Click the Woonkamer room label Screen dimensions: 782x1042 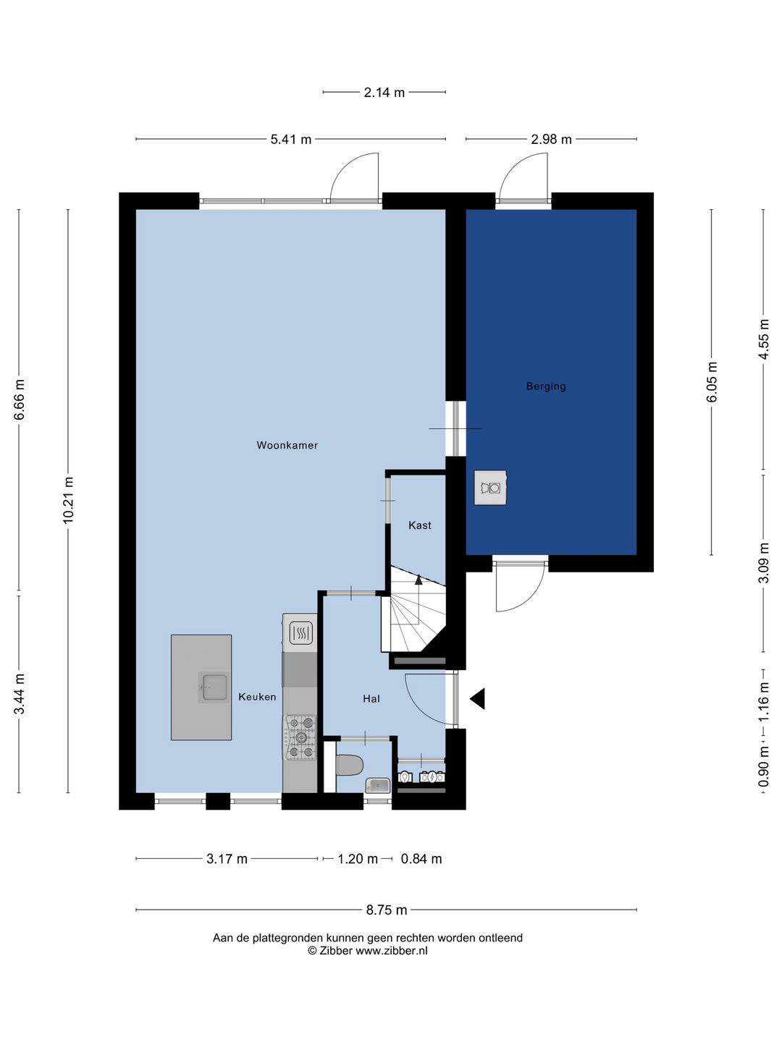[287, 445]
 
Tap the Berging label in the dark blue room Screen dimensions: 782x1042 [545, 386]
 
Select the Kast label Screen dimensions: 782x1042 [420, 525]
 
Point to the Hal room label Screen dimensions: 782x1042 [371, 699]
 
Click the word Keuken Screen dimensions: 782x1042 [257, 697]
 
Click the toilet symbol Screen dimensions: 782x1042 [350, 766]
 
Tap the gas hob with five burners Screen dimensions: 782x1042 [300, 737]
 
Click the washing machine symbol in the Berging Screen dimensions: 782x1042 [490, 488]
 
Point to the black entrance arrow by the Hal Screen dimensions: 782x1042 [478, 698]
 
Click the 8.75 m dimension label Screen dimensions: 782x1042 [387, 910]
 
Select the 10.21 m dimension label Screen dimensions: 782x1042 [68, 500]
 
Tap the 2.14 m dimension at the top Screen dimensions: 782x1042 [384, 93]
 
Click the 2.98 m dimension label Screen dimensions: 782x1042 [551, 139]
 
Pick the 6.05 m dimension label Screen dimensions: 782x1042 [712, 382]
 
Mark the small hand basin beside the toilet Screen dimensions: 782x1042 [377, 786]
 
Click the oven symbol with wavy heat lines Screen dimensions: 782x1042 [300, 632]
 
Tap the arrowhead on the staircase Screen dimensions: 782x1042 [419, 579]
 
